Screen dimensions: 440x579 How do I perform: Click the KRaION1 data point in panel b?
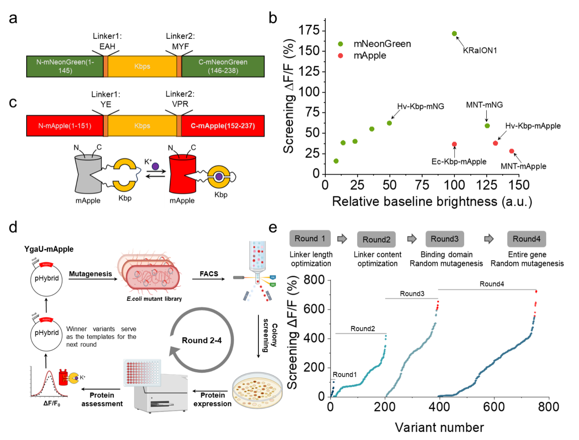click(454, 34)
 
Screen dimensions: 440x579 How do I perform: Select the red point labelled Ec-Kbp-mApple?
click(454, 144)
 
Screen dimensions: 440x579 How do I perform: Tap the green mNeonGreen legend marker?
click(340, 44)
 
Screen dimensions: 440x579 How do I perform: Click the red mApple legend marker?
click(340, 56)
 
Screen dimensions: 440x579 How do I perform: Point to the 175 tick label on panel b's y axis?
click(309, 30)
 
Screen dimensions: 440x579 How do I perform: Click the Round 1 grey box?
click(310, 238)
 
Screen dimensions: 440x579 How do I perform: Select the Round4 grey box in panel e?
click(527, 239)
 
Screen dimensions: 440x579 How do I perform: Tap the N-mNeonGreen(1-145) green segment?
click(65, 66)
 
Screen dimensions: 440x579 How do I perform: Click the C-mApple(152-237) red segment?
click(223, 126)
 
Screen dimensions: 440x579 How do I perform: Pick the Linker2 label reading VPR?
click(180, 104)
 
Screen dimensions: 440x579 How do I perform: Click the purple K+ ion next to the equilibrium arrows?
click(155, 166)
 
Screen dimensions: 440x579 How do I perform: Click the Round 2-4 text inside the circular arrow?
click(202, 340)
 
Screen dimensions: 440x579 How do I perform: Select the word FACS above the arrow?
click(209, 274)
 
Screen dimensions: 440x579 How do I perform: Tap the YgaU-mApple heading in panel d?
click(49, 249)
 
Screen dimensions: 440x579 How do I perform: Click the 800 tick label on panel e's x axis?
click(548, 407)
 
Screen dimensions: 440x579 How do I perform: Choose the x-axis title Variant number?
click(439, 428)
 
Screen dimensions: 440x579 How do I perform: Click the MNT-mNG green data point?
click(487, 126)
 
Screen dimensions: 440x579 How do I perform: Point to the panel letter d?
click(13, 228)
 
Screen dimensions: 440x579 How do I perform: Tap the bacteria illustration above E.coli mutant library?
click(149, 273)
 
